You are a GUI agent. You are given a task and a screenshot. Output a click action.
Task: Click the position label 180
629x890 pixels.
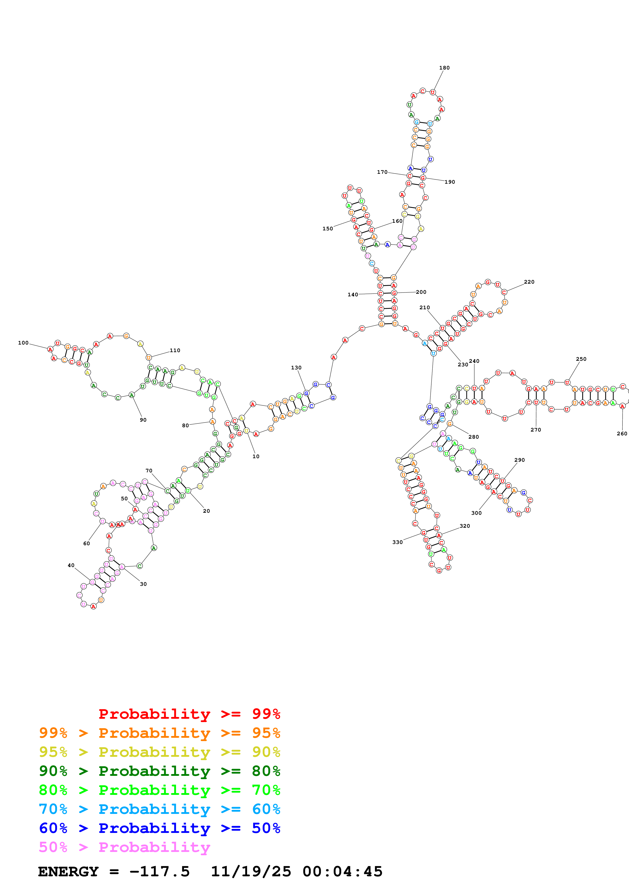click(444, 68)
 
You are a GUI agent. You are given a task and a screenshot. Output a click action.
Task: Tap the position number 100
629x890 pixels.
click(23, 343)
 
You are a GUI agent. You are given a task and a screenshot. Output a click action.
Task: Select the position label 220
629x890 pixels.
click(529, 282)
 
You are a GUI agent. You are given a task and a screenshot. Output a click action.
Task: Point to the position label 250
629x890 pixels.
click(581, 359)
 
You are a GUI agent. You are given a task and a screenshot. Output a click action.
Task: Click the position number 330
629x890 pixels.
click(397, 542)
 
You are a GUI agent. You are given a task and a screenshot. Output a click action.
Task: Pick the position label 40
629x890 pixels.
click(71, 565)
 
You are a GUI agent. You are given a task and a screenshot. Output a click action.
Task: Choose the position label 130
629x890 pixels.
click(296, 367)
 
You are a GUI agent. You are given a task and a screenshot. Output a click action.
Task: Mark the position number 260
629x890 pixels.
click(622, 433)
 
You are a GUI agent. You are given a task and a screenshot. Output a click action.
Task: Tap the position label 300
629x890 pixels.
click(476, 513)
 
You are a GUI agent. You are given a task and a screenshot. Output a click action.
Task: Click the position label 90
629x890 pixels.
click(143, 420)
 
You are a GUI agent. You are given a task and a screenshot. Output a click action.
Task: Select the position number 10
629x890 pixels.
click(256, 456)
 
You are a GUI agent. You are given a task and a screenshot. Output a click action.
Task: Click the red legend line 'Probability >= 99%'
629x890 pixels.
click(189, 714)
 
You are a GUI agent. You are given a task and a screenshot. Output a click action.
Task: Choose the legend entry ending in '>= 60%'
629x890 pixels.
click(159, 809)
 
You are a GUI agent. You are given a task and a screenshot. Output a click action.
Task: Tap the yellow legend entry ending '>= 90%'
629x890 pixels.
click(159, 752)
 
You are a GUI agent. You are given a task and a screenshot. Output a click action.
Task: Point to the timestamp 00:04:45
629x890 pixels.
click(342, 871)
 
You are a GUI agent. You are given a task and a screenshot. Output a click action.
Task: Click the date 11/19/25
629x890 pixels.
click(251, 871)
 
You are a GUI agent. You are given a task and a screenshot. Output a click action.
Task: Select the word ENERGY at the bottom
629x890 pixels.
click(68, 871)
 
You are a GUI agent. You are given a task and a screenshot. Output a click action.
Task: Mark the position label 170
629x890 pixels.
click(382, 172)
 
